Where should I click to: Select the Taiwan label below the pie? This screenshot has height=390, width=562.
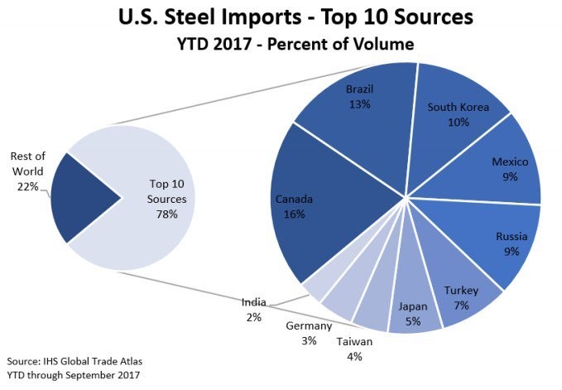coord(353,341)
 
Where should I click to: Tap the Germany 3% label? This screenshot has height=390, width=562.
coord(308,326)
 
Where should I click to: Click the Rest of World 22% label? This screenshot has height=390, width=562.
coord(30,171)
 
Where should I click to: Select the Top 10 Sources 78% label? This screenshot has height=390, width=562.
coord(168,199)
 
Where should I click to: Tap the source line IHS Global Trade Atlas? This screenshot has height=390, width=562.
coord(79,361)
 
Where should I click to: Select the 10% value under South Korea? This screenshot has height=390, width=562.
coord(458,122)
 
